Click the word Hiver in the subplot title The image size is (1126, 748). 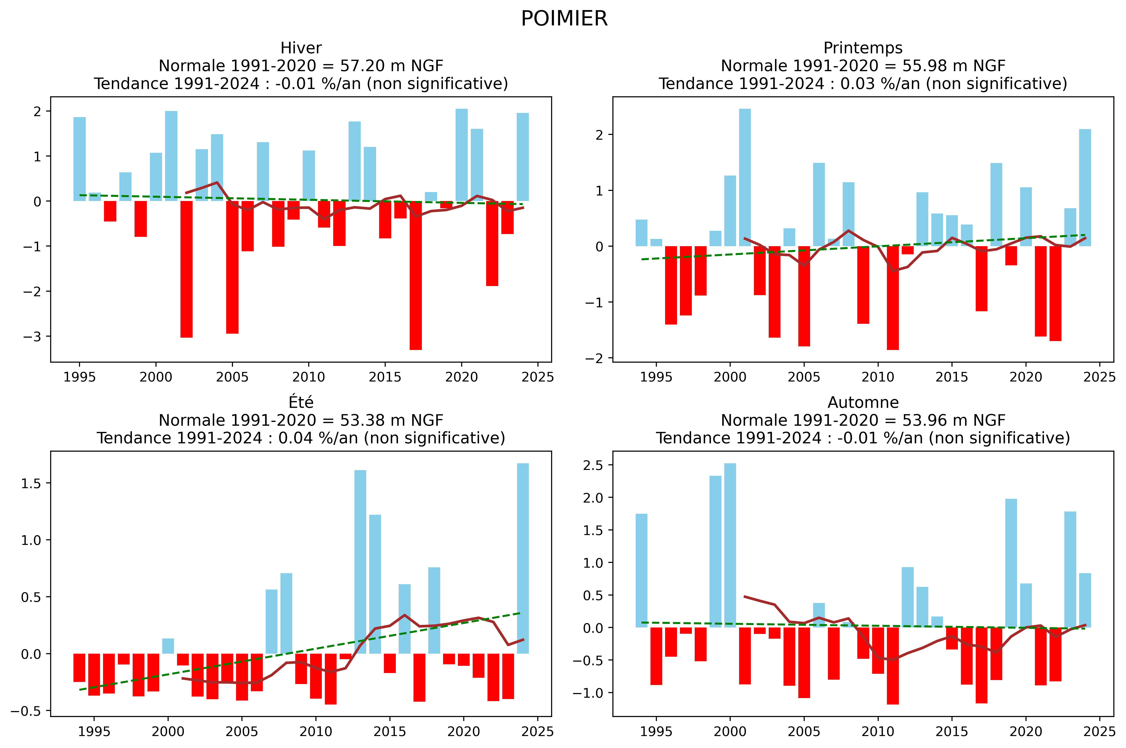pos(301,48)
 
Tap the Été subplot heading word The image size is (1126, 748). pos(301,403)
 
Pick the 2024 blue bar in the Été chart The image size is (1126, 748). pos(523,558)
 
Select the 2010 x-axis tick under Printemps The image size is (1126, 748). pos(878,377)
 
